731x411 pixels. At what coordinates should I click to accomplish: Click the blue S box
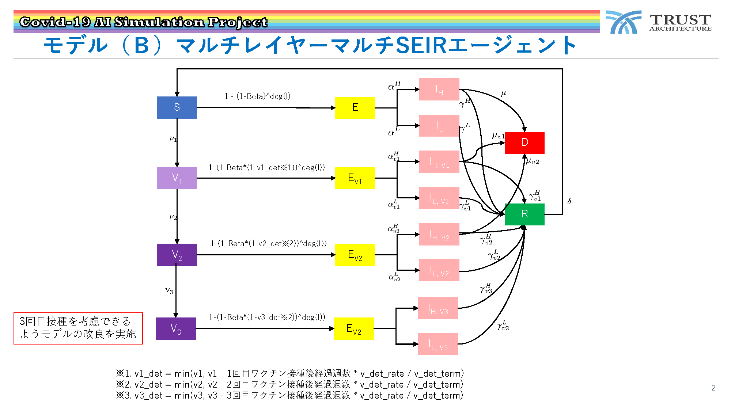tap(177, 107)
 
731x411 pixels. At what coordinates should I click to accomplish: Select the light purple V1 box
tap(177, 178)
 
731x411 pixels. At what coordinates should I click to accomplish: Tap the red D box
tap(524, 142)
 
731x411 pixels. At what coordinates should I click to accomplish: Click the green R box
tap(524, 214)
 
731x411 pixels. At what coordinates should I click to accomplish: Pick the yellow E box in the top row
tap(355, 108)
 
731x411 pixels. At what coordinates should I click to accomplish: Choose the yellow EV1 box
tap(355, 178)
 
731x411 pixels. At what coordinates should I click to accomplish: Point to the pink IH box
tap(439, 89)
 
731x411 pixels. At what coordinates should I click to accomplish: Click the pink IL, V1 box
tap(439, 198)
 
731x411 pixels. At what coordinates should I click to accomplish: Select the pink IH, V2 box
tap(439, 234)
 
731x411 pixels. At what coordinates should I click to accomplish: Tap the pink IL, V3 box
tap(438, 344)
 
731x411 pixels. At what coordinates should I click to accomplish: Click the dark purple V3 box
tap(176, 328)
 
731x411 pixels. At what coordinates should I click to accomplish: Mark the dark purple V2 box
tap(177, 255)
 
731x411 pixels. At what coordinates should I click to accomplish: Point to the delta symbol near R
tap(569, 201)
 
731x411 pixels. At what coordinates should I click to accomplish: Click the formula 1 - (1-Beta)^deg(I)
tap(257, 96)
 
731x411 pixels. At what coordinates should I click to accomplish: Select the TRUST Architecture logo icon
tap(624, 22)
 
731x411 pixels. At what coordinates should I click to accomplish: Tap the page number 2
tap(713, 388)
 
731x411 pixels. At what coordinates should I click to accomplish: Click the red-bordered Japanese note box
tap(78, 328)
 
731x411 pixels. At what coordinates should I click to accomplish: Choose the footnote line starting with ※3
tap(289, 395)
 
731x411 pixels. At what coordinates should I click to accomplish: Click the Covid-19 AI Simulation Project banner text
tap(143, 22)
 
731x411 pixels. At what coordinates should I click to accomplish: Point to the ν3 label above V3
tap(169, 290)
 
